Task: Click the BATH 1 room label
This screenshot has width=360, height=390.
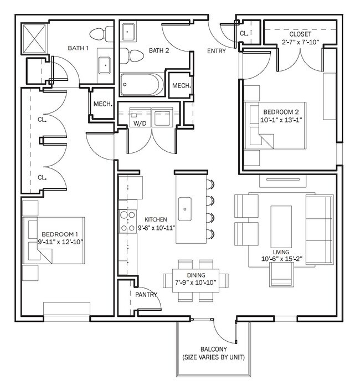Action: coord(79,49)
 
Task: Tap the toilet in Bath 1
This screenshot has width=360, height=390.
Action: coord(100,35)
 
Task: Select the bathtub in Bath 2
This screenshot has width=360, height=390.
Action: coord(142,84)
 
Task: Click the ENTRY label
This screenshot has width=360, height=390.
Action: coord(216,51)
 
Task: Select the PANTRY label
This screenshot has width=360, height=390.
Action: coord(146,295)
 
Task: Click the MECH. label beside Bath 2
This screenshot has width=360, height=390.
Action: coord(182,86)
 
